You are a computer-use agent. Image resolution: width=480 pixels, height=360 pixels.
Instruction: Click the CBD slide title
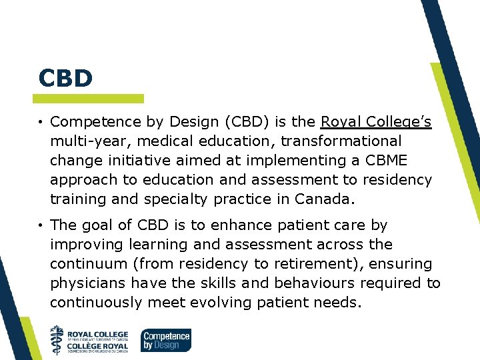click(65, 78)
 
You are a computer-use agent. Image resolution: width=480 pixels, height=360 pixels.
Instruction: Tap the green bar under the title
click(90, 99)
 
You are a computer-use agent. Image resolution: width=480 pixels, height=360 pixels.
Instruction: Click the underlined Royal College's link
click(376, 122)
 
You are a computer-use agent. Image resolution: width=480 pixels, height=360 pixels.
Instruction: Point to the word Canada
click(327, 199)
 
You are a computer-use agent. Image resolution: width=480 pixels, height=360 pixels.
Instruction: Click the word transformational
click(342, 141)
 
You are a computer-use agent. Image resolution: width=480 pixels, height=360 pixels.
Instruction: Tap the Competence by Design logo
click(166, 339)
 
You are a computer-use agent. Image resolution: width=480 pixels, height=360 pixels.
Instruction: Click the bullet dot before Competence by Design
click(41, 123)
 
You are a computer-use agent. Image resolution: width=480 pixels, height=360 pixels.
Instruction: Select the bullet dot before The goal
click(41, 226)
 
